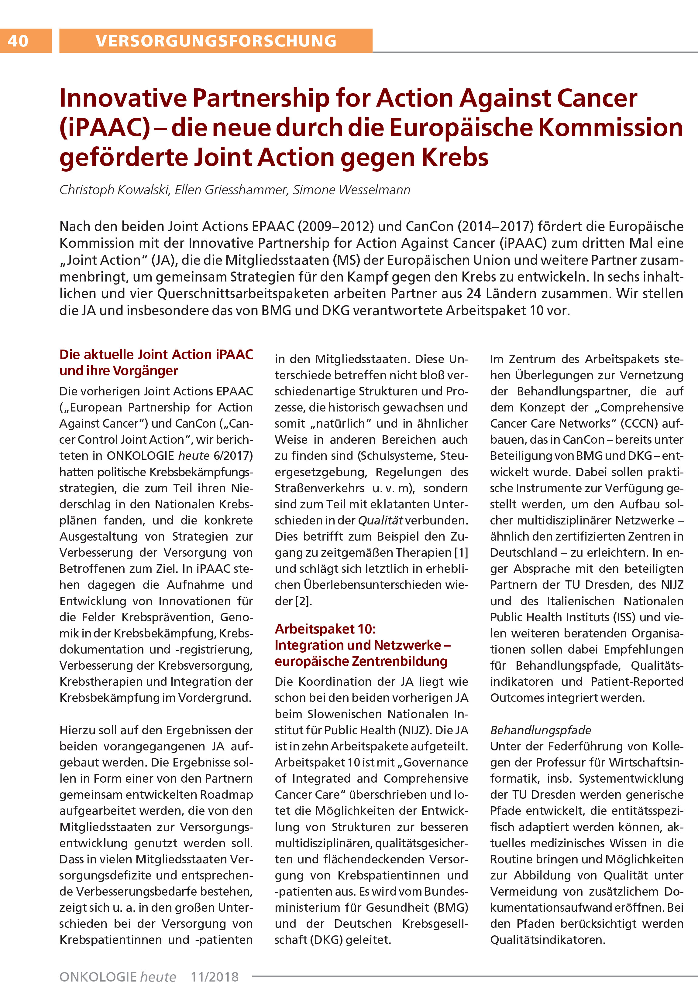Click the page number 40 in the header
coord(18,41)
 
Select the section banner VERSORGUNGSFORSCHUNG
coord(216,41)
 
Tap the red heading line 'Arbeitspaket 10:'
coord(325,629)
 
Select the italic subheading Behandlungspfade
coord(541,730)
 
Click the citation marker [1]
coord(462,552)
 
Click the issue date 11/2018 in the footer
coord(215,977)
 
